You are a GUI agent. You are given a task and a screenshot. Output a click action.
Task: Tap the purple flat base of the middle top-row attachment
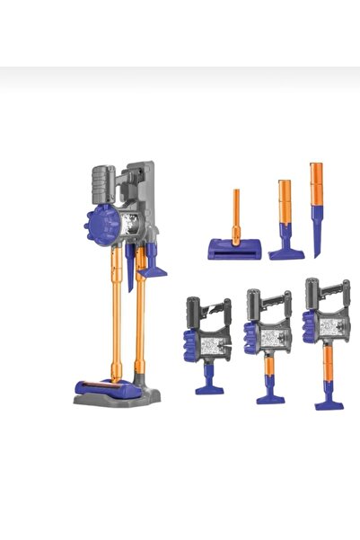pos(285,252)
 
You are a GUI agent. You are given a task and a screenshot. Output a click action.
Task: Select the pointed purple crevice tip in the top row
pos(317,235)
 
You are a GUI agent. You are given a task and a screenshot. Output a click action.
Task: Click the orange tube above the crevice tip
pos(316,184)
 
